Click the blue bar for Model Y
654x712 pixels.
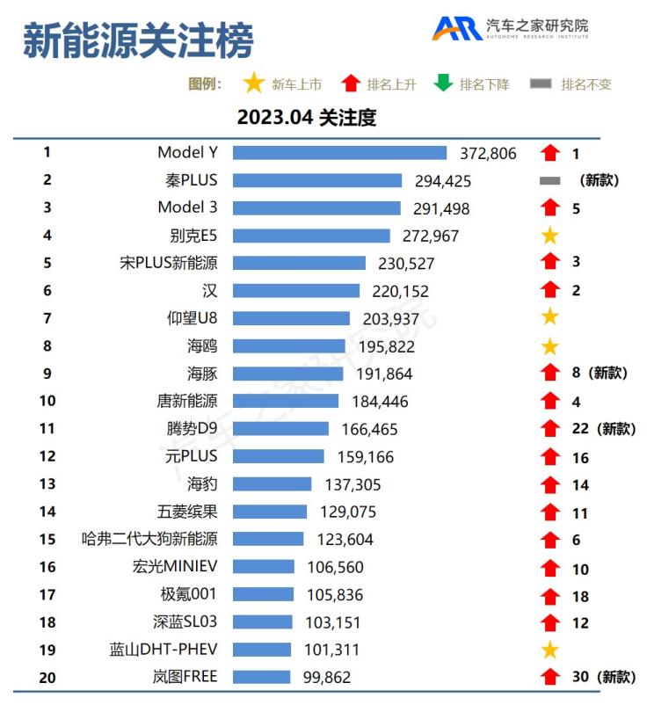339,153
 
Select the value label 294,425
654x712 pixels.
443,181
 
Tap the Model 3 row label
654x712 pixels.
187,207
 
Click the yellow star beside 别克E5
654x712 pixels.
549,236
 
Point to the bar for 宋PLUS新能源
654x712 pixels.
299,263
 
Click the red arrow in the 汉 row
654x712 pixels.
550,290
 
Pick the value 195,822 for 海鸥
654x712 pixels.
386,346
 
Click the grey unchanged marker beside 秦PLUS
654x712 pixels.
549,180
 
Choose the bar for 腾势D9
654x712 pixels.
280,428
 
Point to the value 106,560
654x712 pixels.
335,568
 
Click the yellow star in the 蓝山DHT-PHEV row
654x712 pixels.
549,650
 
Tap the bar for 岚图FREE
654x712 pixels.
261,677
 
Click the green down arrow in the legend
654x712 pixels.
443,84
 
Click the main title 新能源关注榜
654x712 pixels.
138,40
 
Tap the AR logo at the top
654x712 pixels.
455,28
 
